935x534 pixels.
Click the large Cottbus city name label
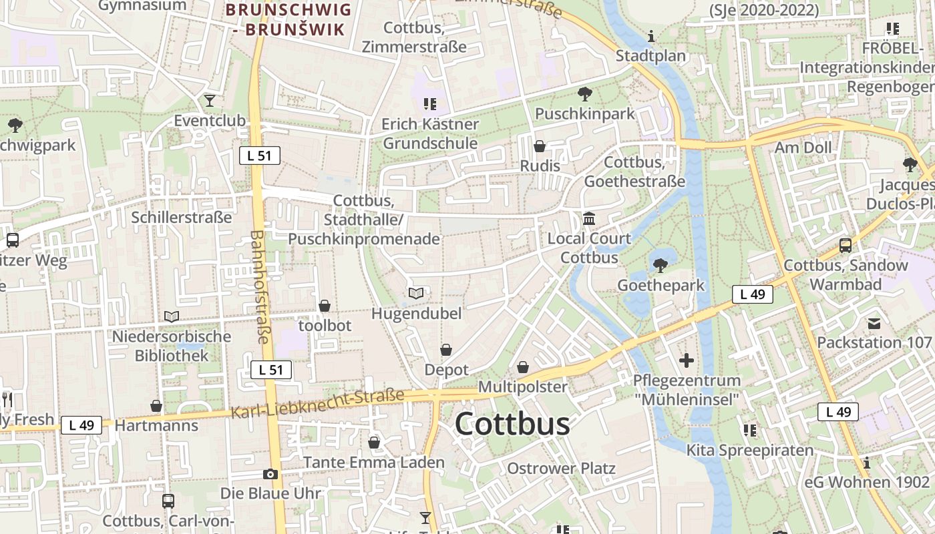coord(513,425)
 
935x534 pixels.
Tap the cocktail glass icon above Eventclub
coord(210,101)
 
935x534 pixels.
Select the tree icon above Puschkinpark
coord(585,94)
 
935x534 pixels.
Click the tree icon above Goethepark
coord(661,266)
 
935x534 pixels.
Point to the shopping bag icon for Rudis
coord(540,146)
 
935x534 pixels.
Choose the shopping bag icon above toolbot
coord(325,306)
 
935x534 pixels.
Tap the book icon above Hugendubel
coord(416,293)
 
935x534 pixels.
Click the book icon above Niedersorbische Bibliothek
coord(172,316)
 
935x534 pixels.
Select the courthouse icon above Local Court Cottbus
coord(589,218)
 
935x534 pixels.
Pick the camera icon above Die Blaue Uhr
coord(270,474)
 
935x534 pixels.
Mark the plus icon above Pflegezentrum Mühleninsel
coord(687,361)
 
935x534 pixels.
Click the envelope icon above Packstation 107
coord(874,324)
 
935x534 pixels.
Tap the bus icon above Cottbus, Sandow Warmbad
coord(846,245)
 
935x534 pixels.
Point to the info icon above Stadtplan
coord(652,36)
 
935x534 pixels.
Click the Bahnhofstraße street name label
coord(260,287)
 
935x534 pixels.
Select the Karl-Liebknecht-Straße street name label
coord(318,404)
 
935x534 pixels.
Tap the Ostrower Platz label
coord(561,469)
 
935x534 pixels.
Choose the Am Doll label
coord(803,148)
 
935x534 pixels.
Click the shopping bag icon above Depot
coord(446,350)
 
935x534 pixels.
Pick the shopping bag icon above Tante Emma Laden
coord(374,443)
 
